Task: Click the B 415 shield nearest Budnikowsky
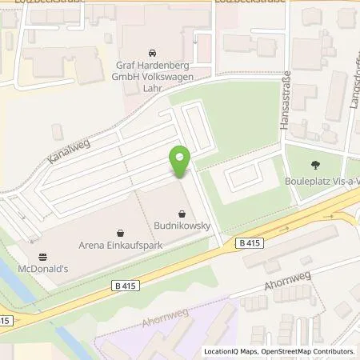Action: [x=248, y=242]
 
